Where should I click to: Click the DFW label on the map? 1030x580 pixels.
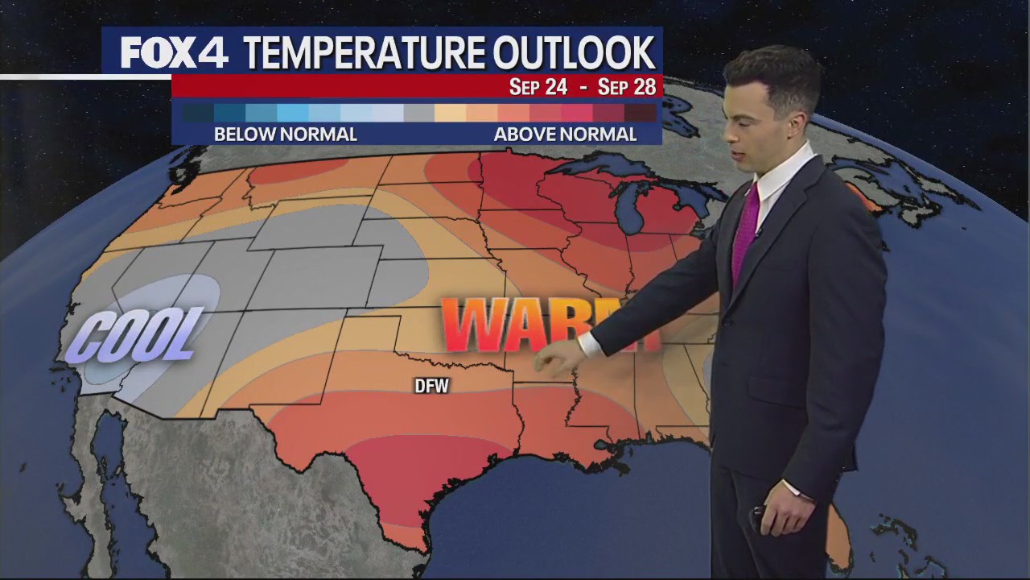point(431,387)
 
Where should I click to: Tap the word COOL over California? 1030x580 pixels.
point(134,333)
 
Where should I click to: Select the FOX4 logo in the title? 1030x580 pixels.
point(174,53)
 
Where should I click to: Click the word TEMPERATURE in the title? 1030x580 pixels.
point(363,53)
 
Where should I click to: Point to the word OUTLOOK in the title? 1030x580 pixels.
point(574,53)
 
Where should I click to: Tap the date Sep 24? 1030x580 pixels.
point(538,87)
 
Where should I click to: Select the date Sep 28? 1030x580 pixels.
point(627,87)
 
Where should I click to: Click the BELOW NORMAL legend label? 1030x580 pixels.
point(285,135)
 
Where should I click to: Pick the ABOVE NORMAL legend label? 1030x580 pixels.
point(565,135)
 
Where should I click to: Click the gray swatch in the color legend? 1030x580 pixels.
point(419,113)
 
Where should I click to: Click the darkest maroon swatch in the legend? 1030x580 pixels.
point(641,113)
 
